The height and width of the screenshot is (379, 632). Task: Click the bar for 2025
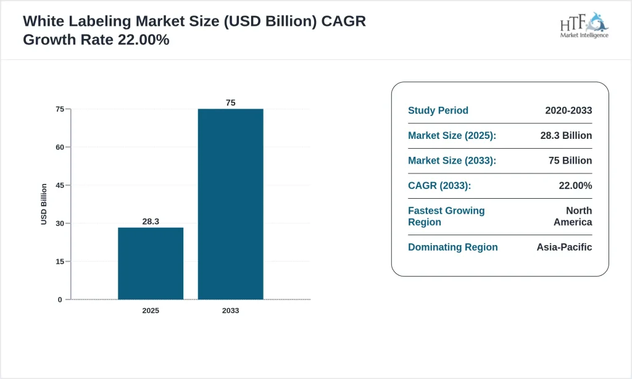[x=151, y=264]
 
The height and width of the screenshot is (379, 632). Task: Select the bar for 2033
[x=230, y=204]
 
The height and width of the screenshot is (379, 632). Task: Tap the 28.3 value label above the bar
[x=151, y=221]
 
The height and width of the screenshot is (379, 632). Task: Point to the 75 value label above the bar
[x=230, y=102]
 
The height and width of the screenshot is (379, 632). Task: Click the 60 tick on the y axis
[x=60, y=147]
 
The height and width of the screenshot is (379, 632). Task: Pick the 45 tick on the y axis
[x=60, y=185]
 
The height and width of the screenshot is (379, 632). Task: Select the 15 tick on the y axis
[x=60, y=262]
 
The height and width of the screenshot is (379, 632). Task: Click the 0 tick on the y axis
[x=60, y=299]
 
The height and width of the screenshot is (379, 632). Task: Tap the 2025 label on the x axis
[x=151, y=310]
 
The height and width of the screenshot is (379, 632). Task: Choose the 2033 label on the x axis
[x=230, y=310]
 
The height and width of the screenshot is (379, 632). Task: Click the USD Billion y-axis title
[x=44, y=204]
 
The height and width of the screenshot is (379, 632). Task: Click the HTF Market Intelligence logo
[x=584, y=25]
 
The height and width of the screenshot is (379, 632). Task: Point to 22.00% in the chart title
[x=143, y=40]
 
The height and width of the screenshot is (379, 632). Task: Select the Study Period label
[x=438, y=110]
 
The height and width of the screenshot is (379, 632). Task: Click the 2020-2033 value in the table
[x=568, y=110]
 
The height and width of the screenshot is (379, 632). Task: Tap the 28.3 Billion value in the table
[x=563, y=135]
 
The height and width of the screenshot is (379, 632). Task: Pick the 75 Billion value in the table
[x=567, y=160]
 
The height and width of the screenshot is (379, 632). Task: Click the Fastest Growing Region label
[x=446, y=216]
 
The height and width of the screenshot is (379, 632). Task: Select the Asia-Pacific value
[x=564, y=247]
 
